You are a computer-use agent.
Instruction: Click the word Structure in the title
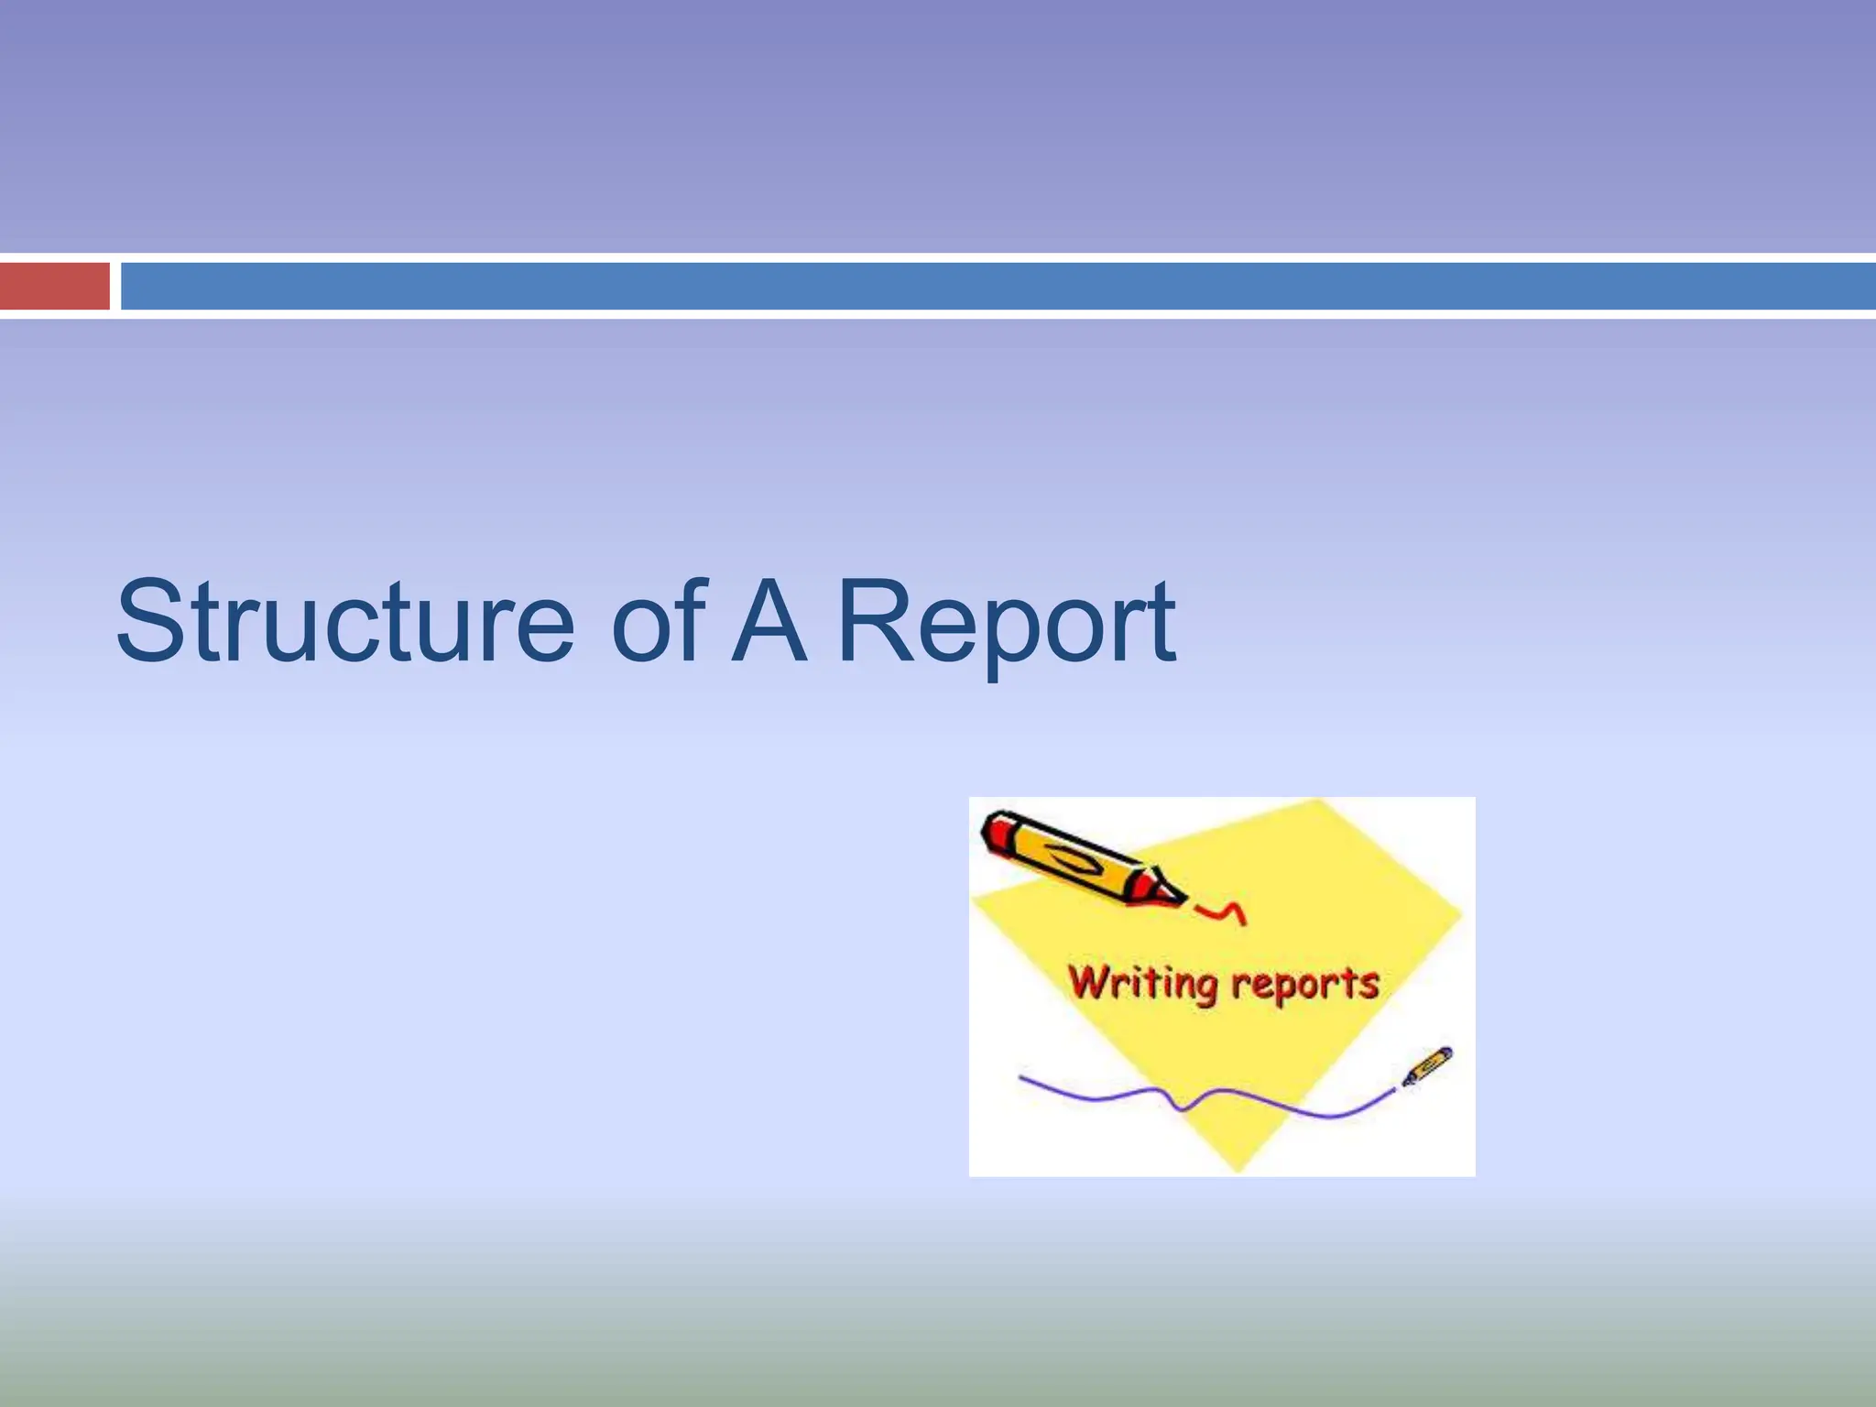pos(345,623)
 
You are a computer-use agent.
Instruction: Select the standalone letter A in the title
pos(768,623)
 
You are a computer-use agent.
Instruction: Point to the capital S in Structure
pos(151,623)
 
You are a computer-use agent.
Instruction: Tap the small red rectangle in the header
pos(54,286)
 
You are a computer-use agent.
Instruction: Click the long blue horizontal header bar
pos(998,286)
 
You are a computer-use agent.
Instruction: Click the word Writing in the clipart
pos(1142,983)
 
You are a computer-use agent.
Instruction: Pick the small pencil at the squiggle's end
pos(1427,1066)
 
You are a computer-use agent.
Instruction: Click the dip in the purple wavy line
pos(1182,1108)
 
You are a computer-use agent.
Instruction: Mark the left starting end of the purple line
pos(1022,1078)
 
